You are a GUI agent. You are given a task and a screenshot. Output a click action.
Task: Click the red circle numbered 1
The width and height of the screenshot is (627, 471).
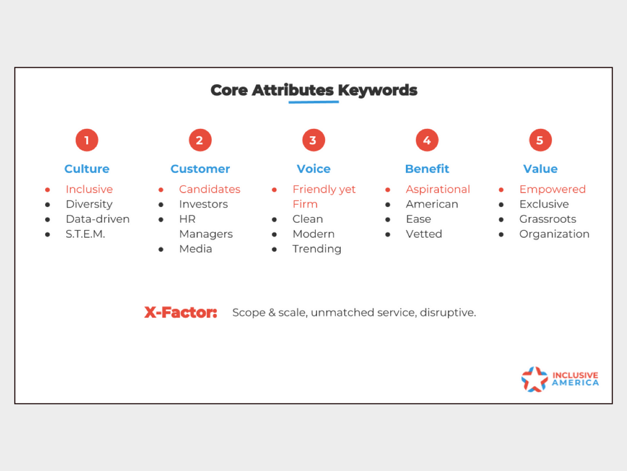87,140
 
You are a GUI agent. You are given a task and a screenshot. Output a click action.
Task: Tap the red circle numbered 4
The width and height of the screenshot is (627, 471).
427,140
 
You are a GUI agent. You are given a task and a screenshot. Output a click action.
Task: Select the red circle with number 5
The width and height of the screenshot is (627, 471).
540,140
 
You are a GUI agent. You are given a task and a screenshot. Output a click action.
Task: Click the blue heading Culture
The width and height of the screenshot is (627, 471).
87,169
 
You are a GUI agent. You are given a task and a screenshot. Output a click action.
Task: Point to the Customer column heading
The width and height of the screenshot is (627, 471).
200,169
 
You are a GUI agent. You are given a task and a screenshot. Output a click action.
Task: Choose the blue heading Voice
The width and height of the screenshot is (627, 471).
313,169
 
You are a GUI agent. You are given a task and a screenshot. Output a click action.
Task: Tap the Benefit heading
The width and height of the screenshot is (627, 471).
427,169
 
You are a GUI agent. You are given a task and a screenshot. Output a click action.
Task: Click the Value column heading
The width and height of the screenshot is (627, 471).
540,169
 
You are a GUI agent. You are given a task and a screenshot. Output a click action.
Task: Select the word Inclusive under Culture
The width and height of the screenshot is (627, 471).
89,189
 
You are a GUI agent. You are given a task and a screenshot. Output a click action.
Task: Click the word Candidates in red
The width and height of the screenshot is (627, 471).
210,189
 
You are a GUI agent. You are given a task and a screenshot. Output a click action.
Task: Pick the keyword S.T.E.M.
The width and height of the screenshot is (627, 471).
85,234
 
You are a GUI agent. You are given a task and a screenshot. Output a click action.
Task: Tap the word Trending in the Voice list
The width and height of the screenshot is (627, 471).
317,249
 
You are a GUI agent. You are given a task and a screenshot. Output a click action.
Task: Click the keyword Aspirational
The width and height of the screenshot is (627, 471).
438,189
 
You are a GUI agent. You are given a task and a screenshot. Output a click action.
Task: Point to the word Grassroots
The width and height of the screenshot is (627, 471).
547,219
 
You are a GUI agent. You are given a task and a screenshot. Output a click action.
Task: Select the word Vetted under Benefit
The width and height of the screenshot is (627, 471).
424,234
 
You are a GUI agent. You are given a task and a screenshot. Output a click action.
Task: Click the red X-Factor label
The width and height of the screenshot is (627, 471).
181,312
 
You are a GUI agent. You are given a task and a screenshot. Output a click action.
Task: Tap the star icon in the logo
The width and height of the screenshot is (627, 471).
535,379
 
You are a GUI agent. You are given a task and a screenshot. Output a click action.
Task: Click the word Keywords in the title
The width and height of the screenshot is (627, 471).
377,90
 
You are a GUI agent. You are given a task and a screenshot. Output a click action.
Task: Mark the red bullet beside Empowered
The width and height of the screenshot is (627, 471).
501,190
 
